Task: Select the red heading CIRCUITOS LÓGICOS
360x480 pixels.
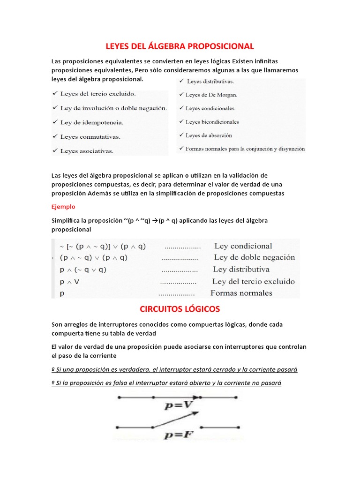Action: [180, 309]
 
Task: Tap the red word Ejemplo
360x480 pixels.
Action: [63, 207]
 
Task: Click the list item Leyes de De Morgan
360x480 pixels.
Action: [211, 95]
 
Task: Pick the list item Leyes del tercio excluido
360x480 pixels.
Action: [98, 94]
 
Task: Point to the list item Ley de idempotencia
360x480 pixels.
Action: [92, 122]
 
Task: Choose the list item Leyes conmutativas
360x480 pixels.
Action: [90, 137]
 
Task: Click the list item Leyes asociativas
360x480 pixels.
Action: [87, 151]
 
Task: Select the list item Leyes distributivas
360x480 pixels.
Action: [210, 82]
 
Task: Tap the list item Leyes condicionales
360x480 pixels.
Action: [210, 108]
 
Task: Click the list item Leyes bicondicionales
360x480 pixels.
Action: [212, 122]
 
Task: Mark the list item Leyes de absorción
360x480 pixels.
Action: [209, 135]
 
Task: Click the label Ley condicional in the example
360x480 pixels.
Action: [243, 246]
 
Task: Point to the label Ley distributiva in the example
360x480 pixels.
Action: [241, 270]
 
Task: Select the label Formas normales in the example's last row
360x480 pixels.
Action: [241, 293]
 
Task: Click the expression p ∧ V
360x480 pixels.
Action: [70, 282]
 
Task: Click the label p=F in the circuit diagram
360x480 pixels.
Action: [179, 435]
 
